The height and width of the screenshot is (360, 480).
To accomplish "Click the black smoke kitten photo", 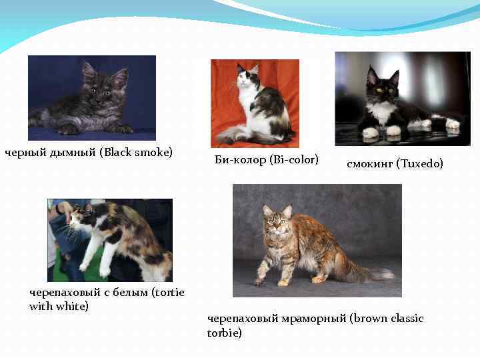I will (x=91, y=97).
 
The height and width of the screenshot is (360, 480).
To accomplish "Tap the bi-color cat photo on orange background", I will (x=255, y=103).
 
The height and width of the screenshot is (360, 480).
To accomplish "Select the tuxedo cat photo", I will (x=402, y=98).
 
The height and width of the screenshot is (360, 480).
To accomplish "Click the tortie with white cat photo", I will (x=110, y=240).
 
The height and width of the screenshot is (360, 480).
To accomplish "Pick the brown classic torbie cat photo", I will (x=317, y=240).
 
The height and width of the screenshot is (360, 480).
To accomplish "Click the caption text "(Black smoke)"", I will (x=136, y=153).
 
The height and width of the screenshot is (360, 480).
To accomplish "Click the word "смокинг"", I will (x=369, y=163).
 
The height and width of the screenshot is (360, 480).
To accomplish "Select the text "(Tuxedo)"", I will (x=419, y=163).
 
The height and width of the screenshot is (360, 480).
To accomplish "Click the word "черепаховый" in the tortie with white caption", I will (x=63, y=292).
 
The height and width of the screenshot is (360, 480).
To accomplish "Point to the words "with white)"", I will (x=59, y=306).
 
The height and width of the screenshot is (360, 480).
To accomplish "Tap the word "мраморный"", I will (x=310, y=319).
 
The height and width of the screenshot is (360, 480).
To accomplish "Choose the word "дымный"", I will (x=73, y=153).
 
